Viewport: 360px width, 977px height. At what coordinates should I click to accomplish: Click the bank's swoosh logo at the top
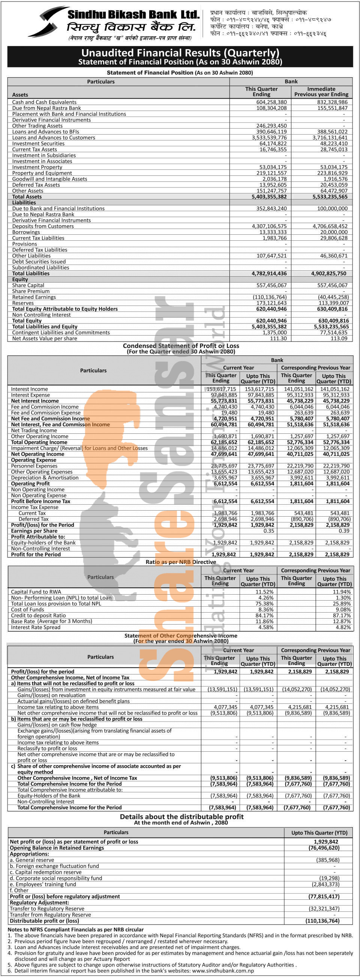tap(47, 22)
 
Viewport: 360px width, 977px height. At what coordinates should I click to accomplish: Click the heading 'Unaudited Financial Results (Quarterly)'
tap(180, 53)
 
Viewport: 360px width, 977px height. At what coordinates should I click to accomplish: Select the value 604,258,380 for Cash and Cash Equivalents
tap(271, 102)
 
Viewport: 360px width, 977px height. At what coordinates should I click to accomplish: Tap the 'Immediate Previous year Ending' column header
tap(321, 91)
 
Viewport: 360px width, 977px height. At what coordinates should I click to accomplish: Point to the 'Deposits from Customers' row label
tap(43, 226)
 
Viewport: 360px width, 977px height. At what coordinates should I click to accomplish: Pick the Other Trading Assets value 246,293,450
tap(271, 126)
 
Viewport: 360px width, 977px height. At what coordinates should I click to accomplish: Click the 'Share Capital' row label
tap(28, 285)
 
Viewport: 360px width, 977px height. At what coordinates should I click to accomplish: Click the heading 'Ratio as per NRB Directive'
tap(181, 562)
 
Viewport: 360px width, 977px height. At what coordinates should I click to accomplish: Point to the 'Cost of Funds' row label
tap(27, 609)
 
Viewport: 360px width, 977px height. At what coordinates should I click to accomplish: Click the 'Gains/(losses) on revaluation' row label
tap(51, 695)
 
